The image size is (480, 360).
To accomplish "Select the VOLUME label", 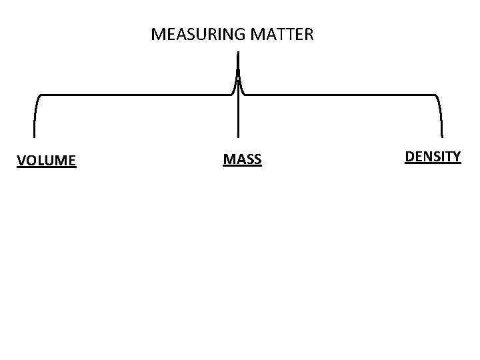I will pos(47,160).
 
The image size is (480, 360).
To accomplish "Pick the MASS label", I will pos(242,159).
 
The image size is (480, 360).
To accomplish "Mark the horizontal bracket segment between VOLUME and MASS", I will pos(133,95).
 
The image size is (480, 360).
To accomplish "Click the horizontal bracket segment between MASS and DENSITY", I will pos(340,95).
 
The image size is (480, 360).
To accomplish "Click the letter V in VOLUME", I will pos(21,160).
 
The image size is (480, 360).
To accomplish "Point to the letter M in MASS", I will pos(228,159).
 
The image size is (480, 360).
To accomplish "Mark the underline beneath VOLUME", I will pos(47,167).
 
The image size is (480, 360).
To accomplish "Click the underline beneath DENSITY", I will pos(433,163).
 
